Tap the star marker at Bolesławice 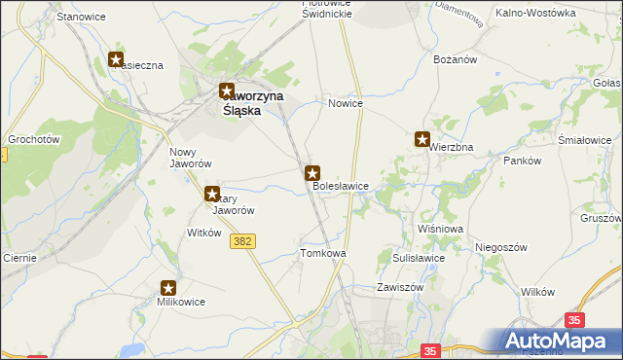point(312,173)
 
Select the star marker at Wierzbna point(422,139)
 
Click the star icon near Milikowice point(168,288)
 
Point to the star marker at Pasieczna point(117,60)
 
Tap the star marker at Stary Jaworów point(212,195)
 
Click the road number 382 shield point(243,240)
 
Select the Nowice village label point(346,103)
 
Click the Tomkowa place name point(323,253)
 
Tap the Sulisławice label point(419,258)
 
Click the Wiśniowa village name point(439,228)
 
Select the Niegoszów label point(500,247)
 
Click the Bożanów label point(452,60)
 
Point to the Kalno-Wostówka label point(535,13)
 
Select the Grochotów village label point(34,139)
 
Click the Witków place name point(204,233)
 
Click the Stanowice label point(81,18)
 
